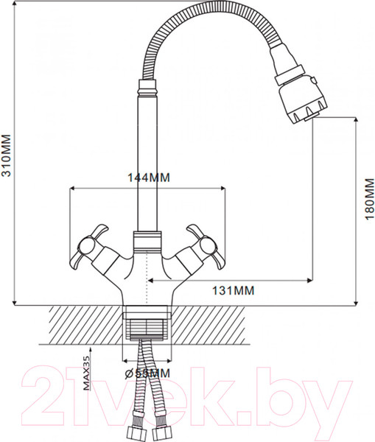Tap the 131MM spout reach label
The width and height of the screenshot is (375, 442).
(x=233, y=290)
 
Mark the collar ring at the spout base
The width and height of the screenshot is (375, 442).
(x=145, y=240)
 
